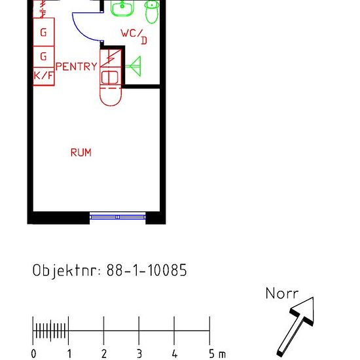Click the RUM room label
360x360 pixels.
[x=81, y=153]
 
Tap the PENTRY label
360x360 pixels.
[x=77, y=67]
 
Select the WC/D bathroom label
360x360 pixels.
[x=134, y=36]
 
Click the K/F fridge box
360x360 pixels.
[x=44, y=77]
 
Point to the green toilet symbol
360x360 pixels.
[x=152, y=12]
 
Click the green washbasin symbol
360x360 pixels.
[x=122, y=8]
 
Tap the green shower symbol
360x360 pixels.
[x=134, y=66]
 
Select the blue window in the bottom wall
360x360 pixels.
[x=118, y=217]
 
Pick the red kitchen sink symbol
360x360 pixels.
[x=111, y=78]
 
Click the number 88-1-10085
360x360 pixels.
[x=147, y=270]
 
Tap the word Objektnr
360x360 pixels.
[x=64, y=270]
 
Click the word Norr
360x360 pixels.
[x=282, y=293]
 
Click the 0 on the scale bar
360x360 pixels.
[x=33, y=354]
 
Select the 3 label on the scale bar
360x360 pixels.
[x=139, y=354]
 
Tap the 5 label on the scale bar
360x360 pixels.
[x=211, y=354]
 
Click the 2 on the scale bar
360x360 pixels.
[x=104, y=354]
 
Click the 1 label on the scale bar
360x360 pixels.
[x=69, y=354]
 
